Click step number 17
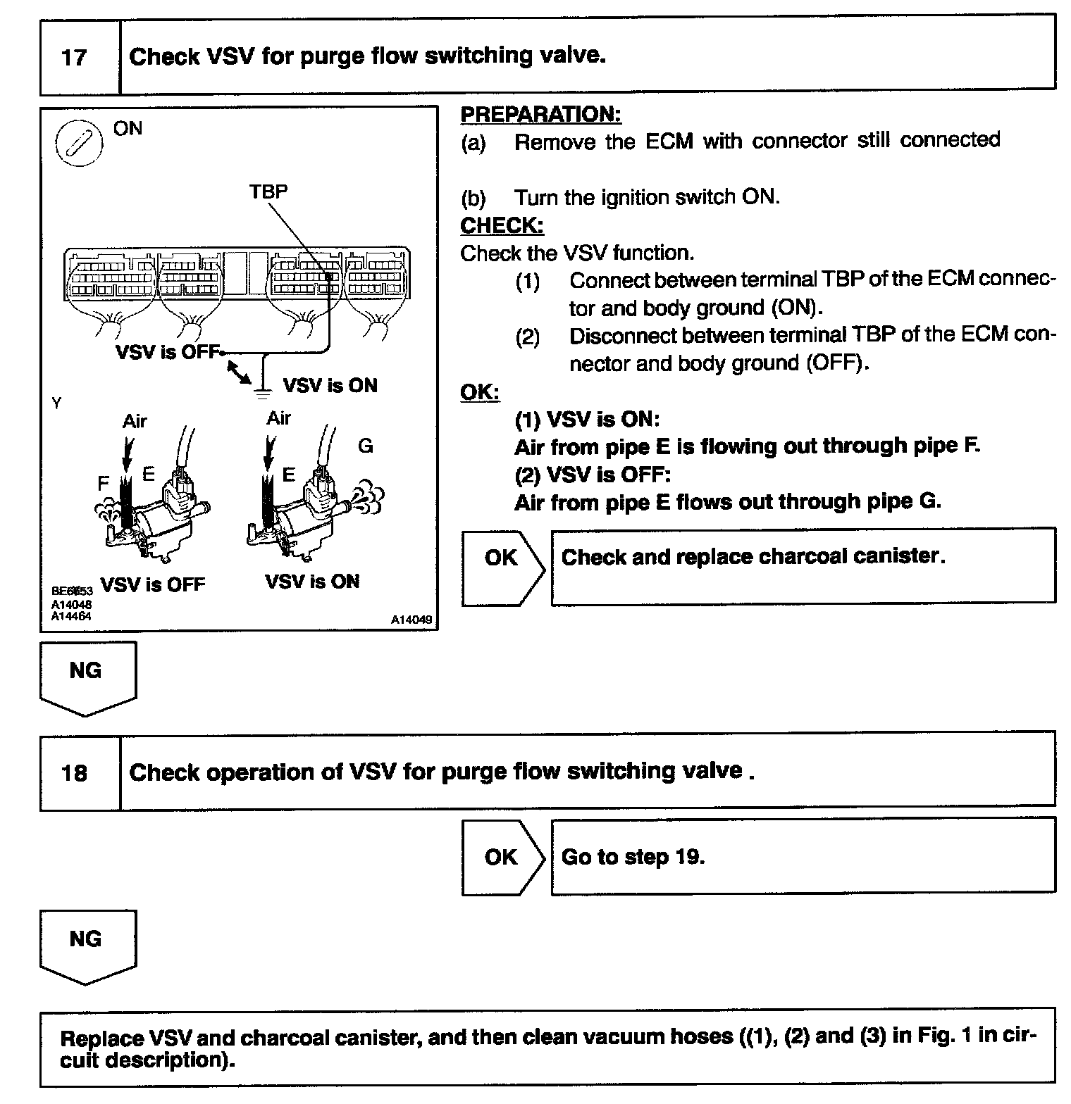[x=74, y=57]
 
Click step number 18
[x=74, y=773]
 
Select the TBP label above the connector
[x=268, y=191]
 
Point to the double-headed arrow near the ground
[x=239, y=372]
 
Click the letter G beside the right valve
[x=366, y=446]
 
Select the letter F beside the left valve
[x=104, y=484]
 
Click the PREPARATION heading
[x=540, y=114]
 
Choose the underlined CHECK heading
[x=502, y=225]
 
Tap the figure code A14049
[x=412, y=620]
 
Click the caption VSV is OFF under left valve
[x=153, y=584]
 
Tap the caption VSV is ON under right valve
[x=312, y=582]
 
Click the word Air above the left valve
[x=135, y=421]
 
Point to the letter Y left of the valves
[x=56, y=403]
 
